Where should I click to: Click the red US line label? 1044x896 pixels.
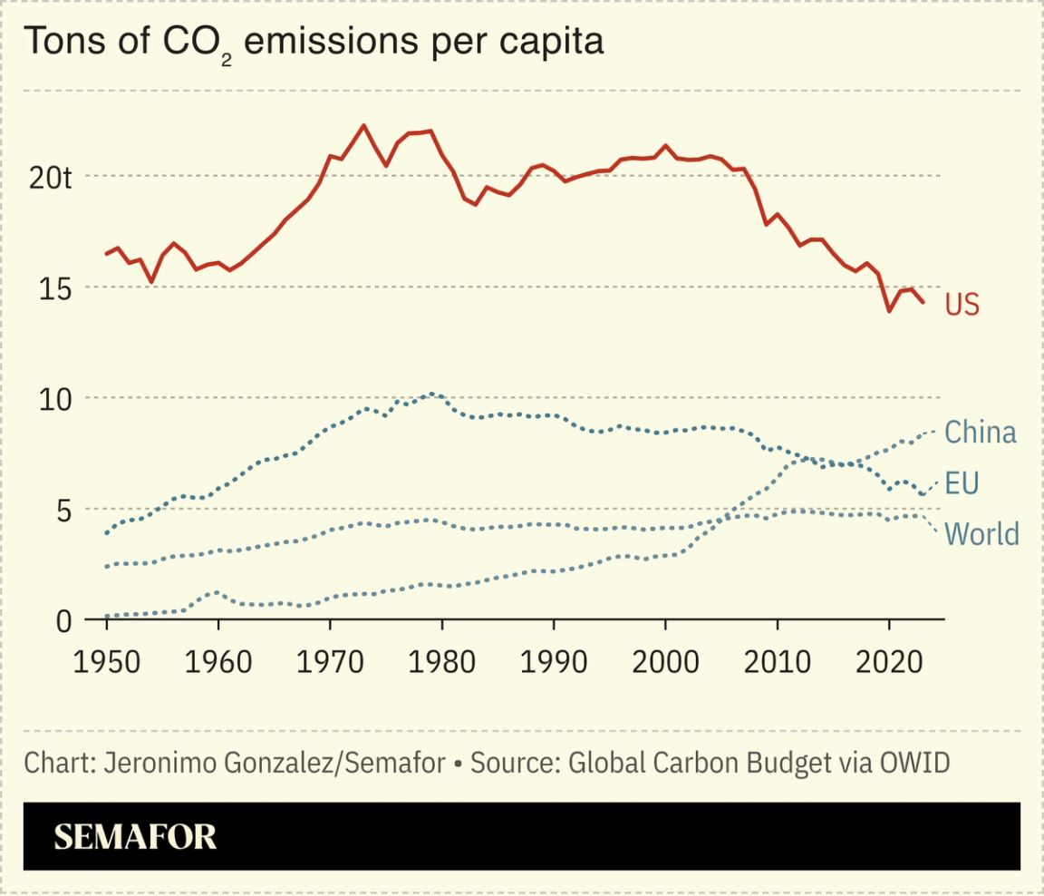click(962, 305)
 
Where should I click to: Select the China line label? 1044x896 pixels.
click(981, 433)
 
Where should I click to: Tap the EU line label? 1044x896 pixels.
click(962, 483)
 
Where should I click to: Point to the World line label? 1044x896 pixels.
click(981, 534)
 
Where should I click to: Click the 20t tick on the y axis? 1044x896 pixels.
click(50, 177)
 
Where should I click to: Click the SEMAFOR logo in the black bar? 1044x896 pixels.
click(135, 836)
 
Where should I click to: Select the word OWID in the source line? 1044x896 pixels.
click(914, 763)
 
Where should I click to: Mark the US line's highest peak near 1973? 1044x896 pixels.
click(363, 125)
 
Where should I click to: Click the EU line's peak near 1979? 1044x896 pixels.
click(432, 394)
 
